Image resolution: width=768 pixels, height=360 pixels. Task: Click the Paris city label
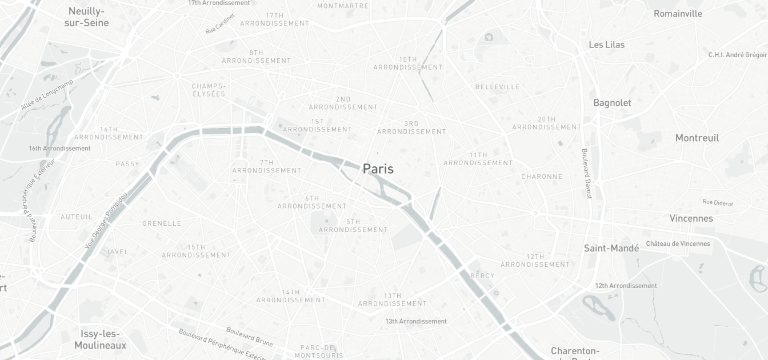tap(378, 169)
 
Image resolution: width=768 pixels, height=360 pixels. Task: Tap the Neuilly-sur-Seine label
tap(86, 17)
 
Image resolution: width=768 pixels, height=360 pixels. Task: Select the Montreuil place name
tap(697, 138)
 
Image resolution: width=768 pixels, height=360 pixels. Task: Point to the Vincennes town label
tap(691, 218)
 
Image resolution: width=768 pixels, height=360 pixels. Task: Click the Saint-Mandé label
tap(611, 248)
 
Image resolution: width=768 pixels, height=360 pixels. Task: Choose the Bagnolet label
tap(611, 103)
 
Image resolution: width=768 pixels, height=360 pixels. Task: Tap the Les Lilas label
tap(606, 45)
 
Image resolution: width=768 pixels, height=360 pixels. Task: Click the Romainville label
tap(678, 14)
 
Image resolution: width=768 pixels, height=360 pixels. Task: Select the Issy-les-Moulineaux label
tap(100, 339)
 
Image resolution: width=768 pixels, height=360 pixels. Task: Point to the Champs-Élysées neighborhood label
tap(209, 90)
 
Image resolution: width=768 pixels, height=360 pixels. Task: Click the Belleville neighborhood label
tap(497, 87)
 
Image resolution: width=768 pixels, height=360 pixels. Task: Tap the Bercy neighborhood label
tap(482, 275)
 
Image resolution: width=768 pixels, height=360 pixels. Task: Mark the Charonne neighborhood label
tap(541, 177)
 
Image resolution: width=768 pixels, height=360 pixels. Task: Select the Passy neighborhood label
tap(127, 164)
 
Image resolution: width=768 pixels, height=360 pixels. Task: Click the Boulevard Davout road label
tap(586, 174)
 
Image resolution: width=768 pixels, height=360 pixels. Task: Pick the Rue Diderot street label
tap(717, 202)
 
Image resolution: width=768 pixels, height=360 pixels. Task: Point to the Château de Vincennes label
tap(678, 243)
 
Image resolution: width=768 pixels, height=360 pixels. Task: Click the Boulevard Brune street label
tap(249, 336)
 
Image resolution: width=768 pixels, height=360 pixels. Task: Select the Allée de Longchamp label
tap(47, 95)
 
